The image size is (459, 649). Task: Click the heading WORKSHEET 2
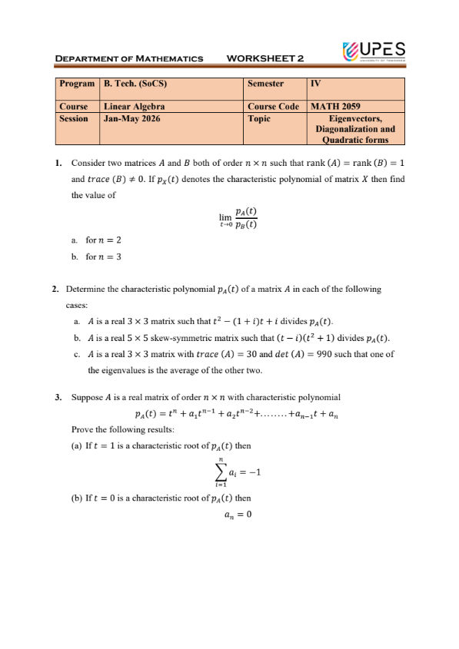pyautogui.click(x=265, y=58)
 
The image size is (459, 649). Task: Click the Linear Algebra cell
pyautogui.click(x=134, y=107)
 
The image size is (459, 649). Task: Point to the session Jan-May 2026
pyautogui.click(x=131, y=118)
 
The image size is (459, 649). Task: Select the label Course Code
pyautogui.click(x=273, y=107)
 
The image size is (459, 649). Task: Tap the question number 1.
pyautogui.click(x=58, y=163)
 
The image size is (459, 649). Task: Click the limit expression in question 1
pyautogui.click(x=238, y=219)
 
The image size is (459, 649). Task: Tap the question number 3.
pyautogui.click(x=58, y=397)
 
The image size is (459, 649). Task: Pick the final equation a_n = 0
pyautogui.click(x=238, y=514)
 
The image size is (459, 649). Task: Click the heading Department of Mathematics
pyautogui.click(x=129, y=58)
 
